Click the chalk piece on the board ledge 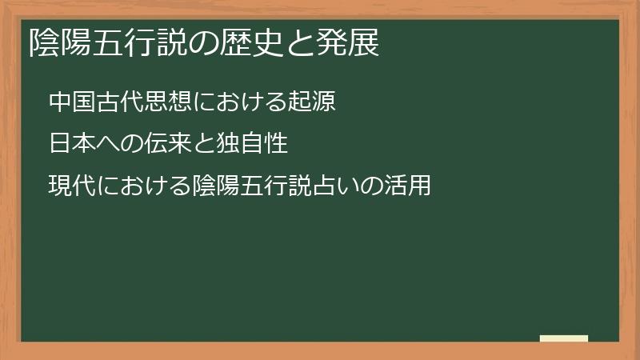click(x=564, y=338)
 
